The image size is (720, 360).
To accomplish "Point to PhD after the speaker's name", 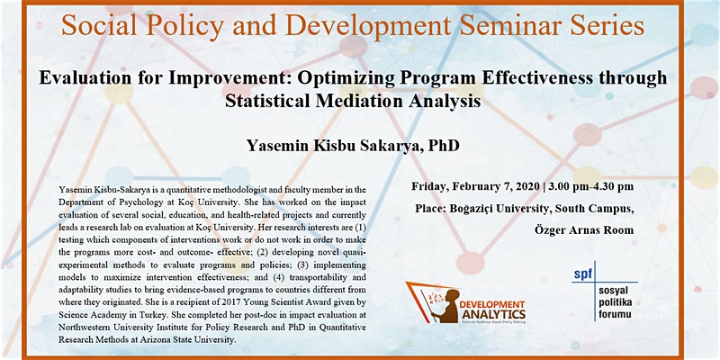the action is click(444, 146).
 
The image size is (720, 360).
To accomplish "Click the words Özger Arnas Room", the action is click(584, 229).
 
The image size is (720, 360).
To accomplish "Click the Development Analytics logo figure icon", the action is click(432, 301).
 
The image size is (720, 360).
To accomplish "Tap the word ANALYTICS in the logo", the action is click(493, 314).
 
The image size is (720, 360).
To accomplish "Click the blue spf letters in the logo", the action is click(583, 274).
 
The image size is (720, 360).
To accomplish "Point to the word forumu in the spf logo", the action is click(615, 314).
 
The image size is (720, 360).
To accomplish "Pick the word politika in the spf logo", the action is click(616, 302).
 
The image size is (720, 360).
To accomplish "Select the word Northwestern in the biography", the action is click(81, 328).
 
